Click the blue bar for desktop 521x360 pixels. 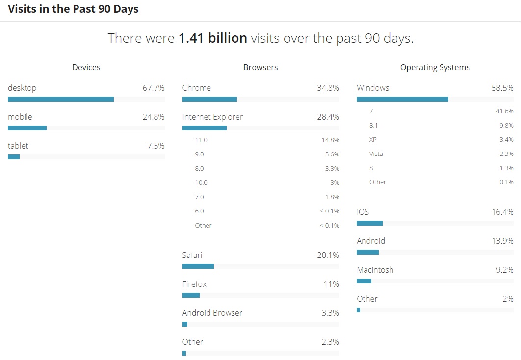point(61,99)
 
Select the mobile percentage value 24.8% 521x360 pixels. point(154,117)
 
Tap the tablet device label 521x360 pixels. point(18,146)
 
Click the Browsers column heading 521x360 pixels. point(260,68)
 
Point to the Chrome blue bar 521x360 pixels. point(209,99)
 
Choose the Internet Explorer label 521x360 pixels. point(212,117)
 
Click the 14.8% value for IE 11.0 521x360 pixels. point(330,140)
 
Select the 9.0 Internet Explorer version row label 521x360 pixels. point(199,154)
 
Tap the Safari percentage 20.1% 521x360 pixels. point(328,256)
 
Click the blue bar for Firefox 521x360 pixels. point(191,295)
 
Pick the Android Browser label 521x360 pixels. point(212,313)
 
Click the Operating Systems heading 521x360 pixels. point(435,68)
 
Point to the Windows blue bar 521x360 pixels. point(402,99)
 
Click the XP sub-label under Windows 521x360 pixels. point(373,140)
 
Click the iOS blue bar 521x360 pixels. point(369,223)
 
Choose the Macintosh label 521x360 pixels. point(375,270)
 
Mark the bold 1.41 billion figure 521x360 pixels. point(213,38)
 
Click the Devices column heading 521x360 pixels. point(86,68)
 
